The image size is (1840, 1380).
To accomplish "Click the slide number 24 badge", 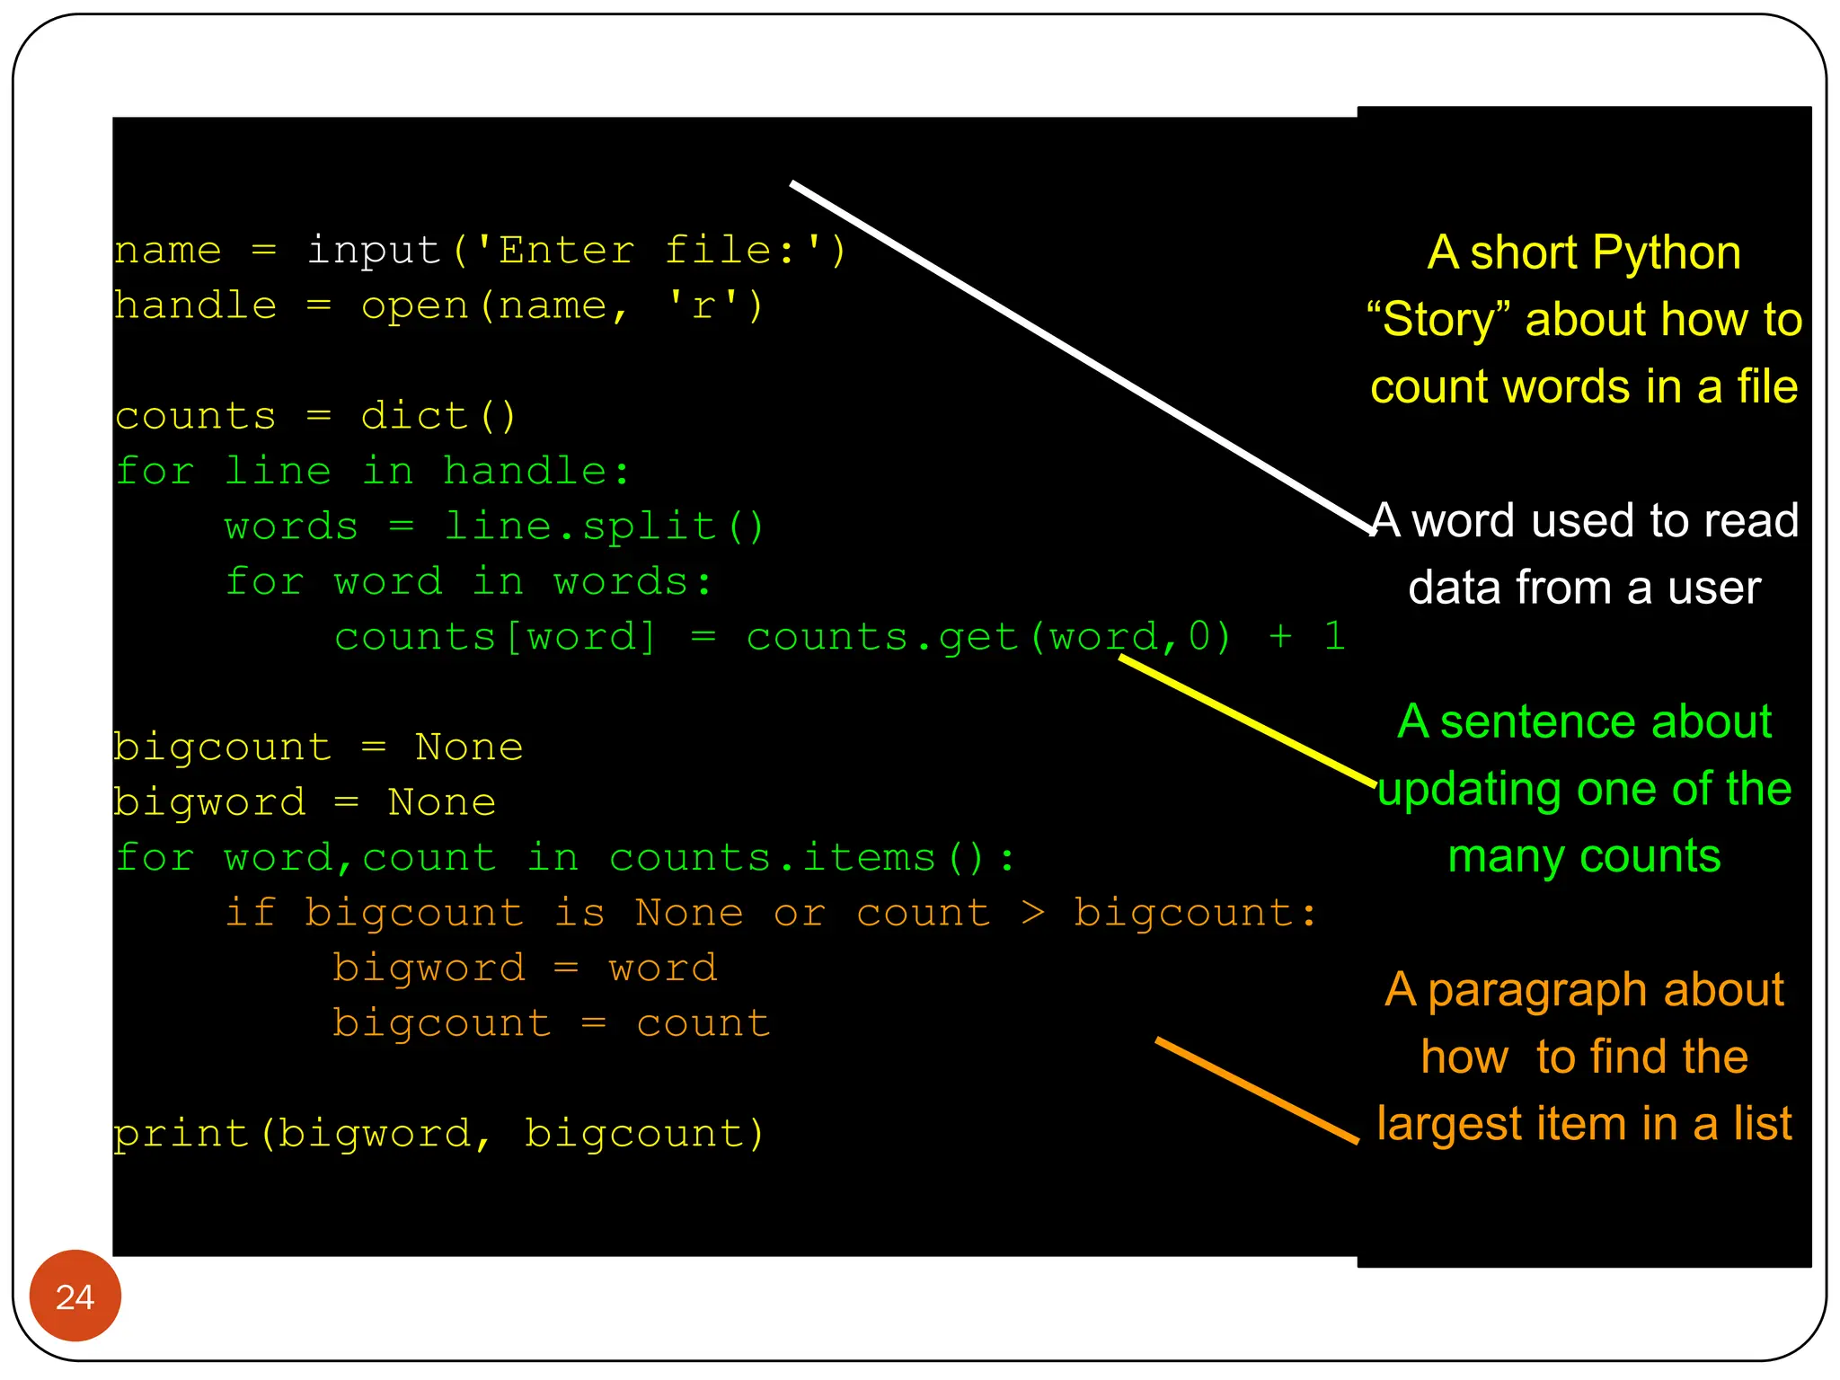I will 75,1296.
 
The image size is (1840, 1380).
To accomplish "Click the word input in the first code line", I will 374,250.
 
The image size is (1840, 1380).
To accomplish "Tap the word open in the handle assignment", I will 415,305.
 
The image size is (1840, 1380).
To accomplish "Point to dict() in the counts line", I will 438,416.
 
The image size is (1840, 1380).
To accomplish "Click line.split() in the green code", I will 604,526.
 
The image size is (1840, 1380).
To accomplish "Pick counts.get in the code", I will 882,637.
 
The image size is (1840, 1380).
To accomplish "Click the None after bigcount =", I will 469,747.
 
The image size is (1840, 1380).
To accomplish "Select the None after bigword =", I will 441,802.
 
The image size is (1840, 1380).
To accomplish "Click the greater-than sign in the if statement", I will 1033,913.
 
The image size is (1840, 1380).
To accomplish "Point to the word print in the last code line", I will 181,1134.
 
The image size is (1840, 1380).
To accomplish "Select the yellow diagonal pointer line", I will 1247,721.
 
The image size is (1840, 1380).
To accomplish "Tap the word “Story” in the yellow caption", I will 1438,320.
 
